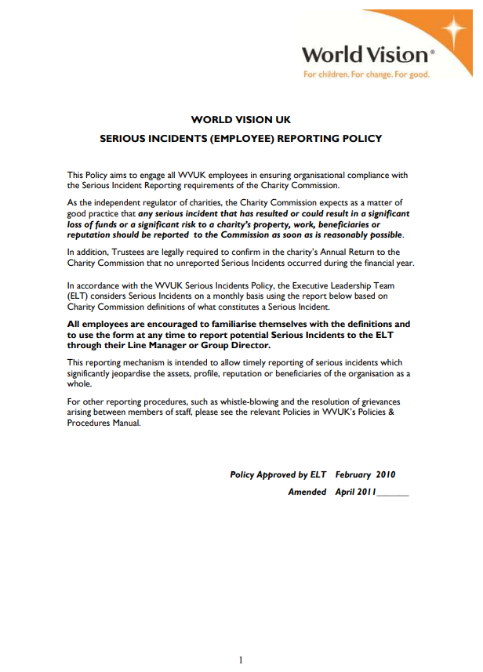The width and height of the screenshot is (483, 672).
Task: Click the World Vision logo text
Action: (x=364, y=55)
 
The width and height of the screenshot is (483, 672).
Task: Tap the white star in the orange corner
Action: (x=452, y=31)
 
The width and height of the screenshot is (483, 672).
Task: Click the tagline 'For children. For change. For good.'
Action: (x=367, y=74)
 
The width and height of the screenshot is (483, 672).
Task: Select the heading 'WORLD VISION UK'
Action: (x=241, y=119)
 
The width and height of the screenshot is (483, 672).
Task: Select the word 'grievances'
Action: (x=385, y=401)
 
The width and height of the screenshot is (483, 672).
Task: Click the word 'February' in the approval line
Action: (x=353, y=474)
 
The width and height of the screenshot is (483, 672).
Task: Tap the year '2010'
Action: (x=386, y=474)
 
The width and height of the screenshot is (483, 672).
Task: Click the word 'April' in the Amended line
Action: (x=345, y=492)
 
